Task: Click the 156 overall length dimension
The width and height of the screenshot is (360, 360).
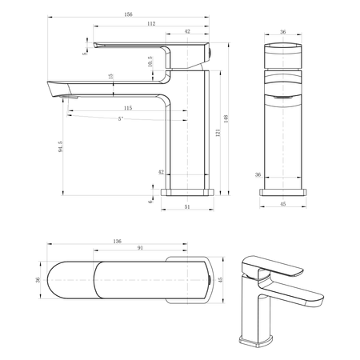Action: (128, 14)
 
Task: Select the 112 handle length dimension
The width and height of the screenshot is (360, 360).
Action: (151, 24)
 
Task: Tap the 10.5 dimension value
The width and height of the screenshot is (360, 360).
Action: (150, 62)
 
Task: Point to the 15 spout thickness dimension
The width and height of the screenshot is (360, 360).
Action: (111, 76)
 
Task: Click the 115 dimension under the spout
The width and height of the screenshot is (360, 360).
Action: (128, 108)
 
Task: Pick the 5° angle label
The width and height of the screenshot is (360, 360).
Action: (121, 118)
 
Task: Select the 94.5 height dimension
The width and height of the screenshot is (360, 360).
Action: (61, 146)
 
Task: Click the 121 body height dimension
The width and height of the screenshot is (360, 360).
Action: (218, 133)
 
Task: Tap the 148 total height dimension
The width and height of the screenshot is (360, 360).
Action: (226, 118)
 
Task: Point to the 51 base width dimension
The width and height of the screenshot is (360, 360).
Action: (187, 206)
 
